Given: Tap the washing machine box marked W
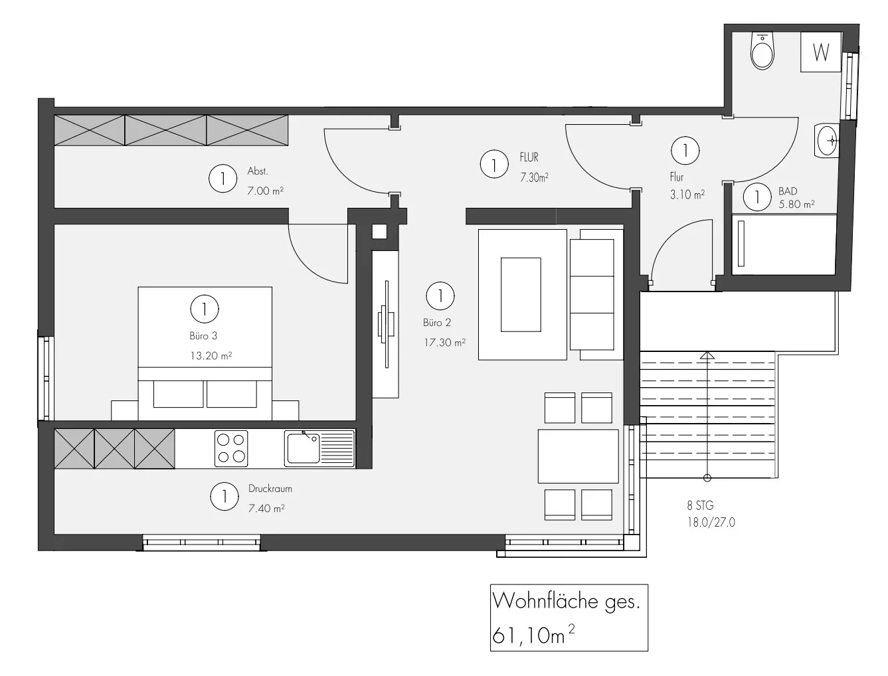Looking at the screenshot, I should click(x=821, y=52).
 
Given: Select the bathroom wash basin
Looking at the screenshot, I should click(x=828, y=140).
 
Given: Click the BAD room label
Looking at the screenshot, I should click(x=788, y=191).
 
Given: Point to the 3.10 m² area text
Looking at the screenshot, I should click(x=687, y=195).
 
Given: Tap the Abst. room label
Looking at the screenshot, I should click(x=258, y=171).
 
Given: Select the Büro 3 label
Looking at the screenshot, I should click(x=203, y=336).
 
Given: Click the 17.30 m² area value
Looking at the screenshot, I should click(x=444, y=343).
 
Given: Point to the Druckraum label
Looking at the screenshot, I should click(x=270, y=489).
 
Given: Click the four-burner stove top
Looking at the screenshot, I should click(x=231, y=448).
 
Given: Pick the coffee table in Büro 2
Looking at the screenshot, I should click(x=521, y=294).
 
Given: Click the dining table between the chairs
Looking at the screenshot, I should click(x=578, y=456).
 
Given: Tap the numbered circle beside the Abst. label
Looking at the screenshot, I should click(x=222, y=179).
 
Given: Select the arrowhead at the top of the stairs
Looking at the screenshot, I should click(x=707, y=356).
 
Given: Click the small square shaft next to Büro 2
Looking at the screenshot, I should click(x=379, y=232).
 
